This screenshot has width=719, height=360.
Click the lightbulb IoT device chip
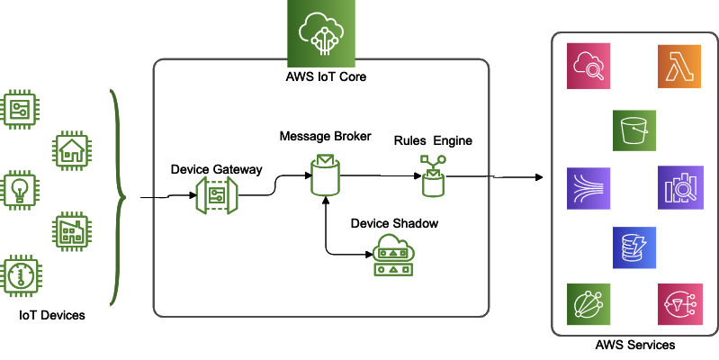(21, 191)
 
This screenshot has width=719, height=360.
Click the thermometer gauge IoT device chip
(21, 275)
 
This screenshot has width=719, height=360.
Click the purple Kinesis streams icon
(589, 188)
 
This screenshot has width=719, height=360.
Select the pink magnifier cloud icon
(589, 68)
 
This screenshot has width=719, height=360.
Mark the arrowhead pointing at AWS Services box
(543, 176)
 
